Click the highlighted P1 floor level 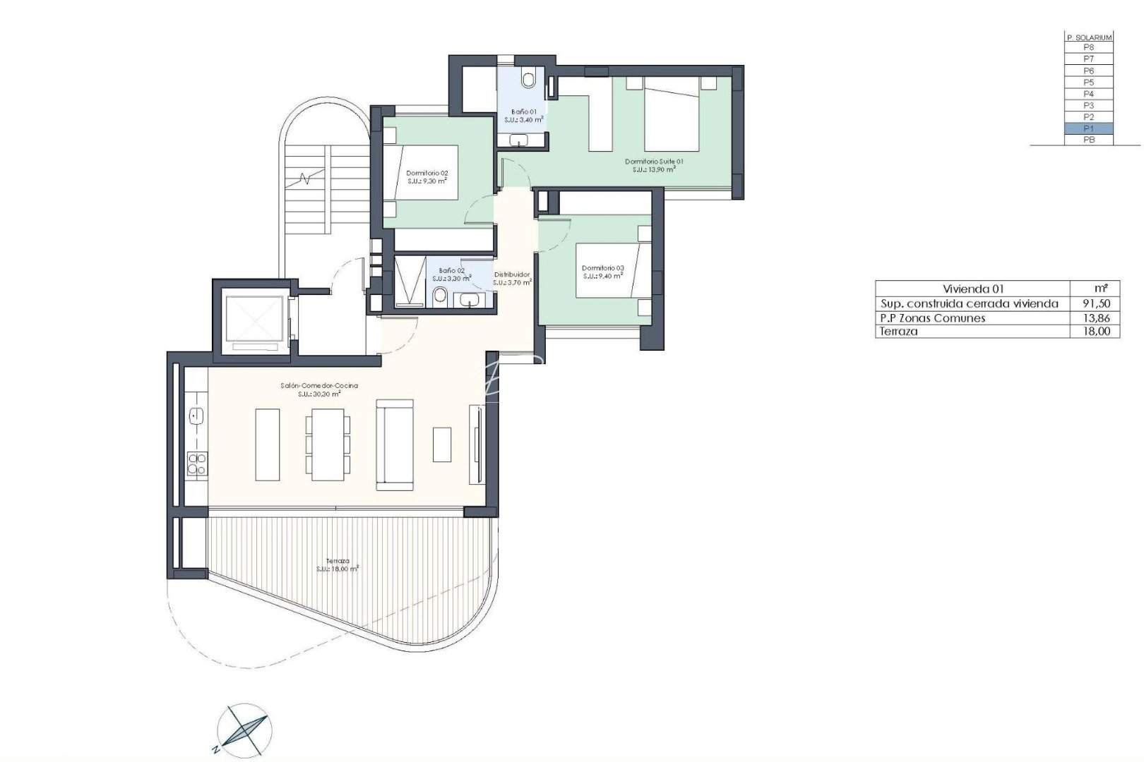click(x=1088, y=128)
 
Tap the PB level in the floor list click(x=1088, y=140)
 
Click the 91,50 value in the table click(x=1096, y=303)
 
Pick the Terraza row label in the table click(x=899, y=331)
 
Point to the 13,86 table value click(x=1096, y=317)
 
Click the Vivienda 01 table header click(x=972, y=289)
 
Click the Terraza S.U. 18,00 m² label click(x=338, y=564)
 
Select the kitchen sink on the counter click(x=196, y=416)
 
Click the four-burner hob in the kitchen click(x=197, y=464)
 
